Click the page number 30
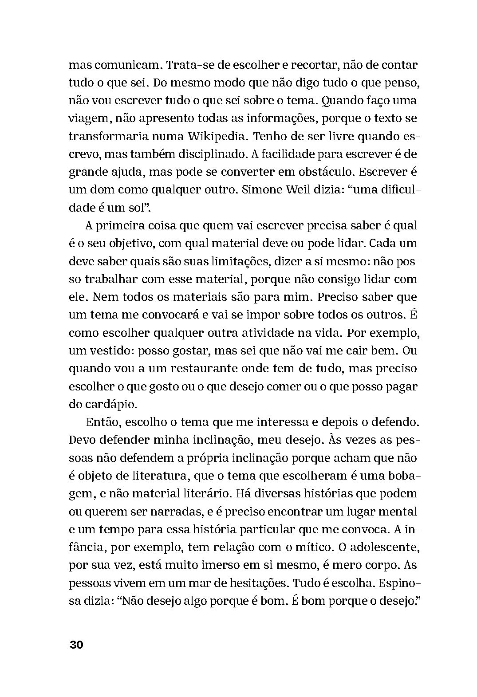click(x=76, y=645)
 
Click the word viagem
click(x=89, y=119)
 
